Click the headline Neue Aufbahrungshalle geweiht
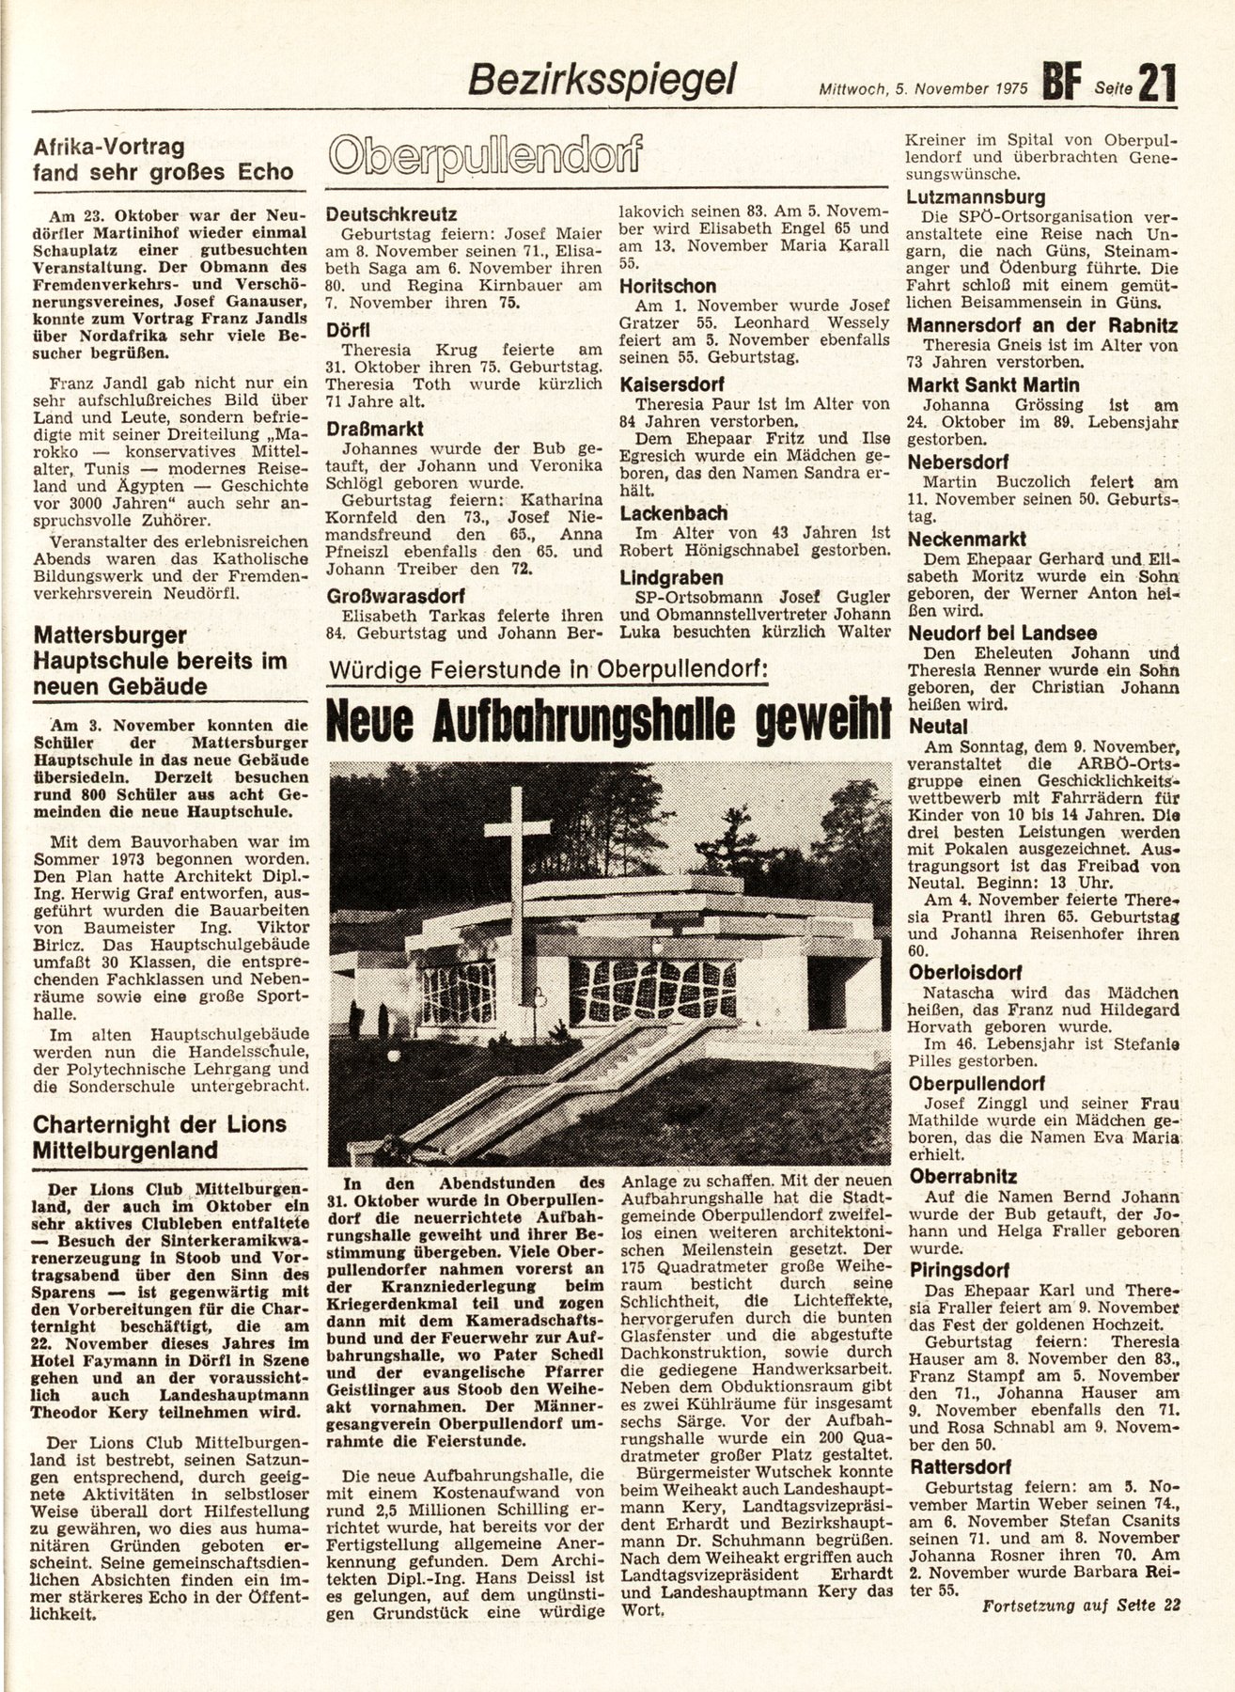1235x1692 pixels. (607, 722)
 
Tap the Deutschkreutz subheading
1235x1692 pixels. (391, 214)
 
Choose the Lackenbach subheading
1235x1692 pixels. (674, 513)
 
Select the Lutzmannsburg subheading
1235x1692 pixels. (976, 197)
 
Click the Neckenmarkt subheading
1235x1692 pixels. (967, 539)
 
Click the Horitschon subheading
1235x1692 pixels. (668, 286)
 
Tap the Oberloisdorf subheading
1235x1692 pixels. (964, 973)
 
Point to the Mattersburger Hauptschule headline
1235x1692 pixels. (160, 660)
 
